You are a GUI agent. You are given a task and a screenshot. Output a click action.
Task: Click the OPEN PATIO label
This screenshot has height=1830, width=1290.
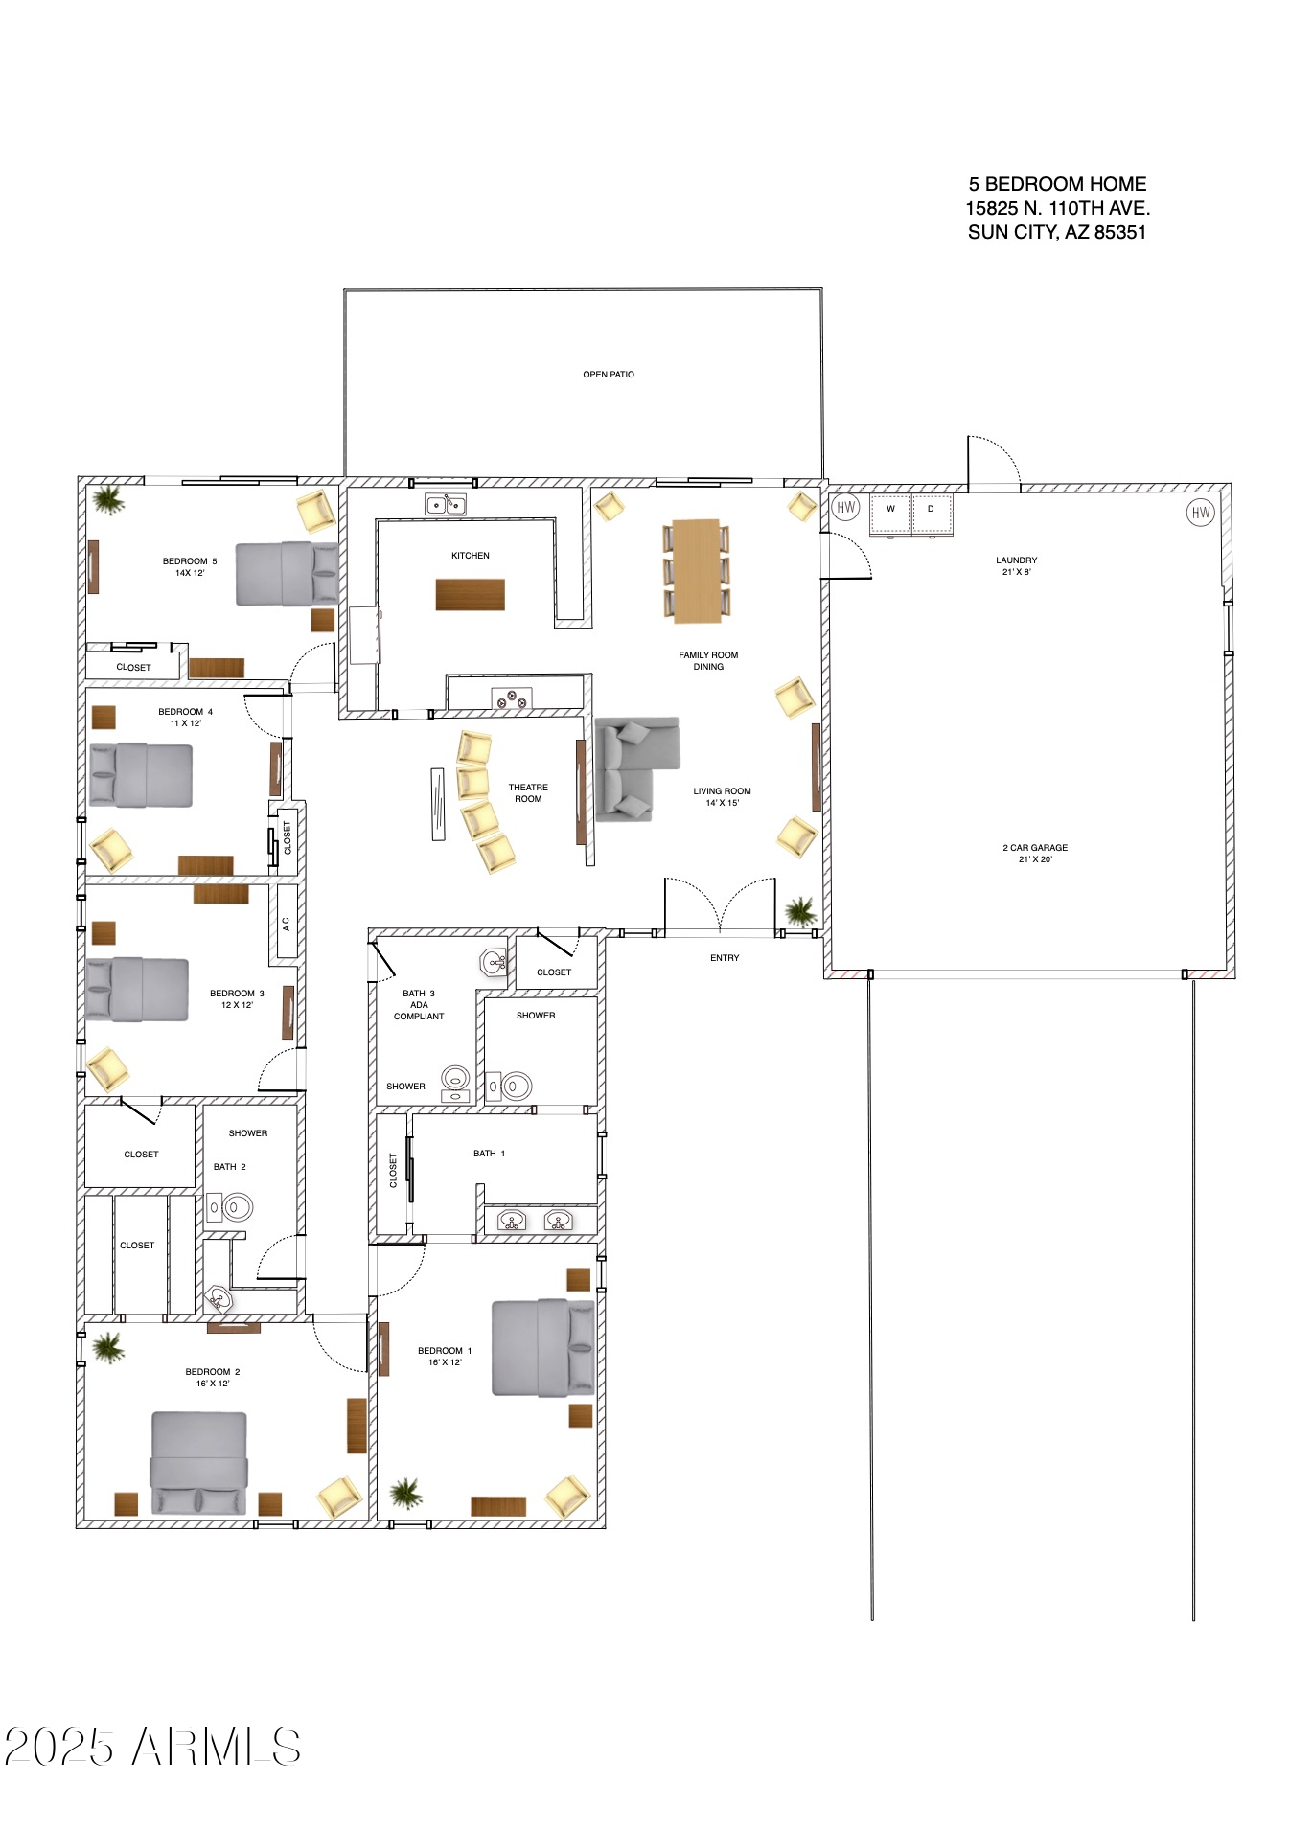[609, 375]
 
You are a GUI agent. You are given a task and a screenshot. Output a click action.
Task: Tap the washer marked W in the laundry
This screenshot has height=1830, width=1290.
[890, 515]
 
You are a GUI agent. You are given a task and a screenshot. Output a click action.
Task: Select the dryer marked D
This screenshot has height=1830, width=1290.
[932, 515]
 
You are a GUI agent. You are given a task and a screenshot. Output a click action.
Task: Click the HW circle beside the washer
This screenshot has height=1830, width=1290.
[845, 508]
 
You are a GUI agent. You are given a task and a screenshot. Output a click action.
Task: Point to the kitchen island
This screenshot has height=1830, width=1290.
[471, 594]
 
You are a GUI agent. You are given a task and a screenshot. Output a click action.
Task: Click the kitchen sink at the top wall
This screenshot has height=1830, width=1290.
[446, 504]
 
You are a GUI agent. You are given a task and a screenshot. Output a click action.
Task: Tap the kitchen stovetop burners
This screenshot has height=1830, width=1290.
[511, 698]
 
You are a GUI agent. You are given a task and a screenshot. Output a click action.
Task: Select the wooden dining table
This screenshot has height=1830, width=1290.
[696, 570]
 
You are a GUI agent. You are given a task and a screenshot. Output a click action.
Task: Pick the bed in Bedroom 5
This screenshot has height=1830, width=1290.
[288, 574]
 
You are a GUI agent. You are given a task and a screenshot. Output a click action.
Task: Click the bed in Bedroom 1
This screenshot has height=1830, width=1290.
[543, 1347]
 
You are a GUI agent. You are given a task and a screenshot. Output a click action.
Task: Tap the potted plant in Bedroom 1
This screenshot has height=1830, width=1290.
[406, 1492]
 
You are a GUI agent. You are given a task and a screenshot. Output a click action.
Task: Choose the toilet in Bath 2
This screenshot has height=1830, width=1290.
[231, 1207]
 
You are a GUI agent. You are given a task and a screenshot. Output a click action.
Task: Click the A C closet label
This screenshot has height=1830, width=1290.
[286, 924]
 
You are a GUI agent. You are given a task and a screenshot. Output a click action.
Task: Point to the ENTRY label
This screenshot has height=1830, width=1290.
[725, 958]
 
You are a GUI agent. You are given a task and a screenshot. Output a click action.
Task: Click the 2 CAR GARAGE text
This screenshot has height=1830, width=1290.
[1035, 848]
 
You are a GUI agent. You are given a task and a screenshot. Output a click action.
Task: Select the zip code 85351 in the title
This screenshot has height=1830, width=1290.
[1120, 232]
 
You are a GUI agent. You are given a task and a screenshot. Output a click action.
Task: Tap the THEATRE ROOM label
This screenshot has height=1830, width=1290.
[528, 793]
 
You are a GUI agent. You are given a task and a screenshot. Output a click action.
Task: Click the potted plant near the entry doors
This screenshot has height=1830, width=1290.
[800, 911]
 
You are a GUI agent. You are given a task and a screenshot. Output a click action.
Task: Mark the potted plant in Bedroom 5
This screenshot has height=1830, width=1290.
[107, 500]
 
